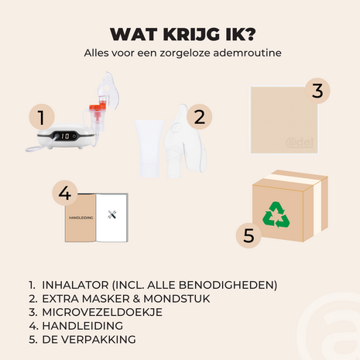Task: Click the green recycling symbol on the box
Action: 276,214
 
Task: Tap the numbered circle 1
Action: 42,117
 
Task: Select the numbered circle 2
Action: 199,117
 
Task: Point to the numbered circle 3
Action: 317,91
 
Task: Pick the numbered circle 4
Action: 65,193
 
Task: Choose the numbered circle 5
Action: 249,235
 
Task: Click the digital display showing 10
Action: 65,136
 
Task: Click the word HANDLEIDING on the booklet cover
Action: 81,218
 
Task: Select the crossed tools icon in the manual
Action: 112,214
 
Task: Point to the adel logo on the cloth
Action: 300,142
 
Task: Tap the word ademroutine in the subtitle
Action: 247,53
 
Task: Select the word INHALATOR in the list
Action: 75,285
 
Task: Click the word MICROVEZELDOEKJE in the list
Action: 102,312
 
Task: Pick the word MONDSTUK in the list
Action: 177,299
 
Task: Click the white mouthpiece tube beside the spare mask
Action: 149,148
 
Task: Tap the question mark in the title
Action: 249,34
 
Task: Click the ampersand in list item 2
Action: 136,299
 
